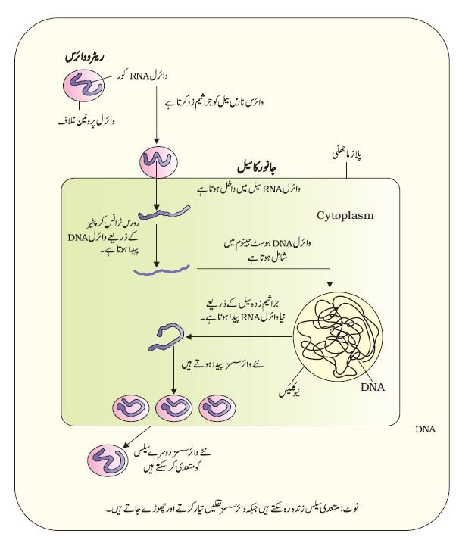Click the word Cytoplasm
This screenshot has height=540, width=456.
pyautogui.click(x=345, y=216)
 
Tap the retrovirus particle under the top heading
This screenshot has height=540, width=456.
pyautogui.click(x=83, y=86)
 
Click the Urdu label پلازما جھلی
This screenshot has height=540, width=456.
pyautogui.click(x=347, y=155)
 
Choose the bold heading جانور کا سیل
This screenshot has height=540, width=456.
pyautogui.click(x=258, y=167)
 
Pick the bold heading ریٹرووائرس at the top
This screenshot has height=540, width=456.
pyautogui.click(x=85, y=57)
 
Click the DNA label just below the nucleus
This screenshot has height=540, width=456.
pyautogui.click(x=373, y=388)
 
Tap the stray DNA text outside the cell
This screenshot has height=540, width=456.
pyautogui.click(x=426, y=429)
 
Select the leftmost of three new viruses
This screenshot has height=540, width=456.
pyautogui.click(x=130, y=408)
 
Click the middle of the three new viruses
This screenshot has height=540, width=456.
pyautogui.click(x=173, y=408)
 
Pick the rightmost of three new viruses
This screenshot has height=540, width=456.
pyautogui.click(x=217, y=408)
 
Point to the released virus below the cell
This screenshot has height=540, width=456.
pyautogui.click(x=108, y=460)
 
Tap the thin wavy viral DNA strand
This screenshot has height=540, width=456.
pyautogui.click(x=161, y=270)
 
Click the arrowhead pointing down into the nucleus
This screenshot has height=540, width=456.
pyautogui.click(x=330, y=284)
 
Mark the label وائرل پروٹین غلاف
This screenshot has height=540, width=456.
pyautogui.click(x=86, y=121)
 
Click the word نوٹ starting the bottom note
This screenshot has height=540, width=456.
pyautogui.click(x=352, y=507)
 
